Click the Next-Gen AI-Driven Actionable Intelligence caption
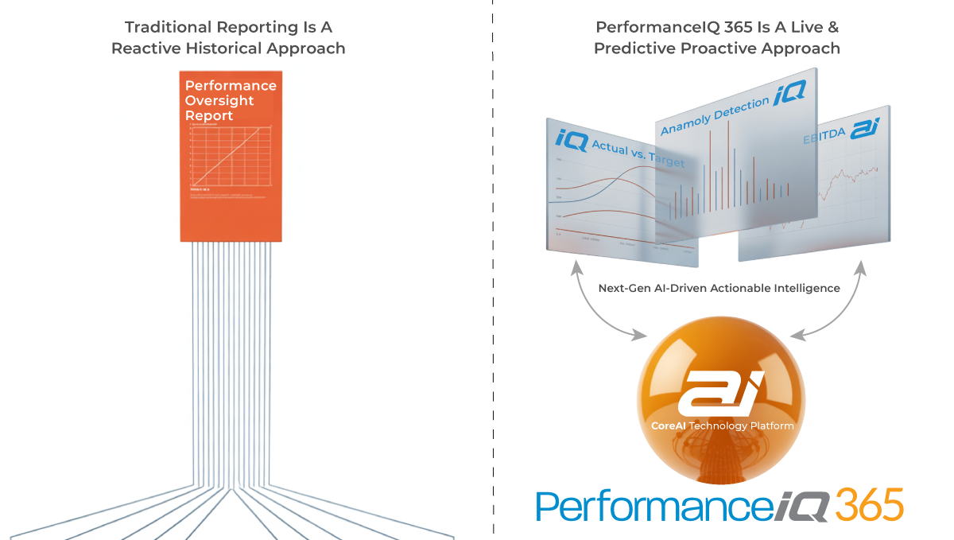[718, 288]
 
